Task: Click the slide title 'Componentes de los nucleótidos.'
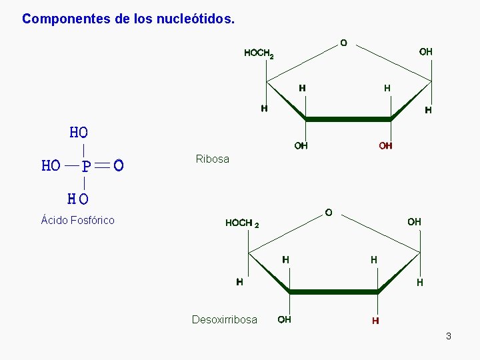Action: (x=128, y=19)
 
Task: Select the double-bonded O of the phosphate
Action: (x=118, y=165)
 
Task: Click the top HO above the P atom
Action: (x=79, y=133)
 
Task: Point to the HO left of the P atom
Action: (x=51, y=166)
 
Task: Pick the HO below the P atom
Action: (x=78, y=199)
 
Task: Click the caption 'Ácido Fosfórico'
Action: (x=77, y=220)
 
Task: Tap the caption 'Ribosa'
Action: (x=212, y=159)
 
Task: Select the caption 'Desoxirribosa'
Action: (x=224, y=319)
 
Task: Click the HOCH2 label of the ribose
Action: (x=259, y=53)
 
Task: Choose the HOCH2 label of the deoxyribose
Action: (x=242, y=223)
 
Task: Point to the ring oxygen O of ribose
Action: (x=343, y=43)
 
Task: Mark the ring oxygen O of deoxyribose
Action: (x=329, y=212)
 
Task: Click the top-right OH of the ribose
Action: (x=425, y=51)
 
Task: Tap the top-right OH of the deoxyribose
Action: (x=414, y=221)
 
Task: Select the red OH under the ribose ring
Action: (x=385, y=145)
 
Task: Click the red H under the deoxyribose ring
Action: (x=376, y=321)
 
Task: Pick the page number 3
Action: (x=449, y=336)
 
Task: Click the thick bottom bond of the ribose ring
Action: (x=348, y=119)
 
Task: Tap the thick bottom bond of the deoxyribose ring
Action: (x=333, y=292)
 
